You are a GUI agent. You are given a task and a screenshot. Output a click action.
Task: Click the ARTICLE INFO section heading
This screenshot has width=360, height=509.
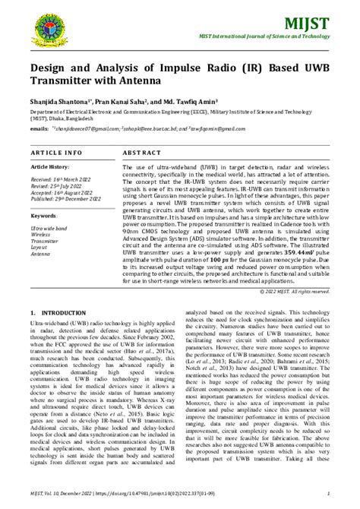(x=56, y=152)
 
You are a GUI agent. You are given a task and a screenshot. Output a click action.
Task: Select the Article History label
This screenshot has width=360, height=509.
(x=49, y=166)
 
